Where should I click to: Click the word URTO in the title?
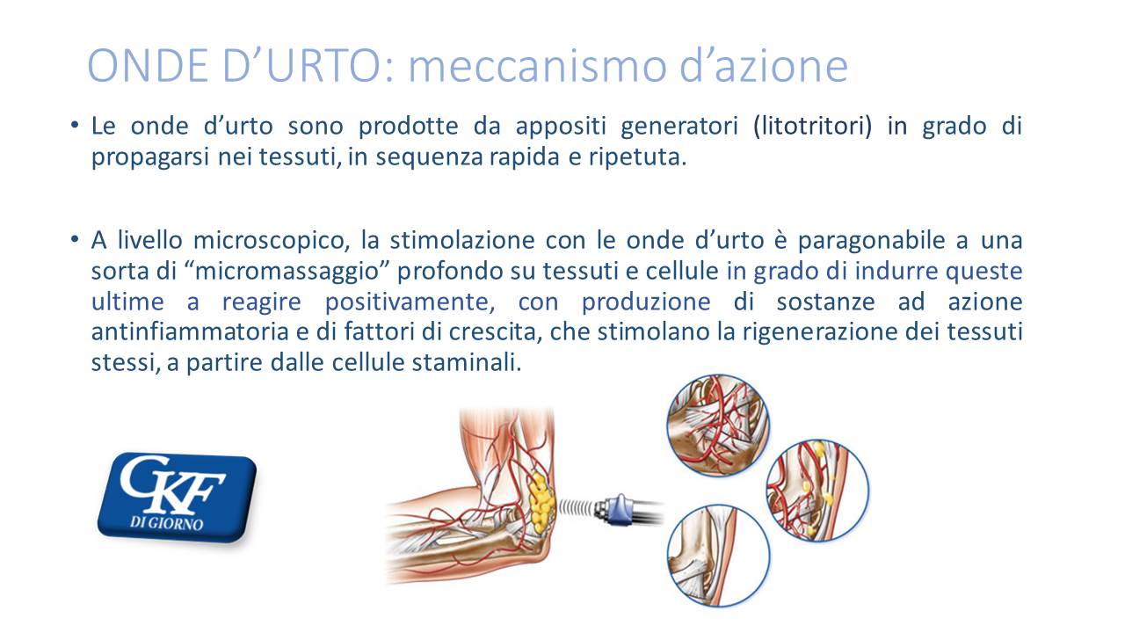[x=324, y=66]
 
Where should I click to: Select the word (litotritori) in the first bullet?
[x=813, y=127]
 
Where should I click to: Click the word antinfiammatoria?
[x=190, y=331]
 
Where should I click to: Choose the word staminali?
[x=467, y=363]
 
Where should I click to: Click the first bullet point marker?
[x=75, y=124]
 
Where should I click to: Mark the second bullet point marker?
[x=75, y=238]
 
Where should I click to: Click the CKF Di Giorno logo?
[x=177, y=497]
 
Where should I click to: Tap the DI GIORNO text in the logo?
[x=167, y=523]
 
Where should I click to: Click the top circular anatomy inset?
[x=718, y=426]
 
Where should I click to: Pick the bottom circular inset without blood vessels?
[x=719, y=556]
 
